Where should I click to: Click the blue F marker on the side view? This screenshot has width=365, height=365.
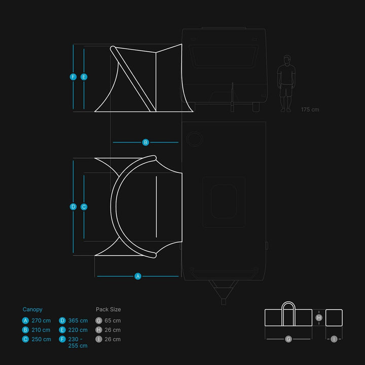pos(73,77)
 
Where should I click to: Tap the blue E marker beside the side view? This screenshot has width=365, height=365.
pos(84,77)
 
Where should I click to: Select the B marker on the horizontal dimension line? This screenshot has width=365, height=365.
pos(145,142)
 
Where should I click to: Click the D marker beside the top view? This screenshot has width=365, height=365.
pos(73,207)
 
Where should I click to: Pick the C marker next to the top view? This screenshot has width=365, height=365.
pos(84,207)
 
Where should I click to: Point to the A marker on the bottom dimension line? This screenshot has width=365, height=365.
pos(138,276)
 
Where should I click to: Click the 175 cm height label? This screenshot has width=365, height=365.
pos(310,109)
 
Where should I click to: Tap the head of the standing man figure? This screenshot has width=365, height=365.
pos(287,60)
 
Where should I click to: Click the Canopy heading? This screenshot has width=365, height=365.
pos(32,310)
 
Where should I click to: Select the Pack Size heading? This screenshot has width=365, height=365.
pos(108,309)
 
